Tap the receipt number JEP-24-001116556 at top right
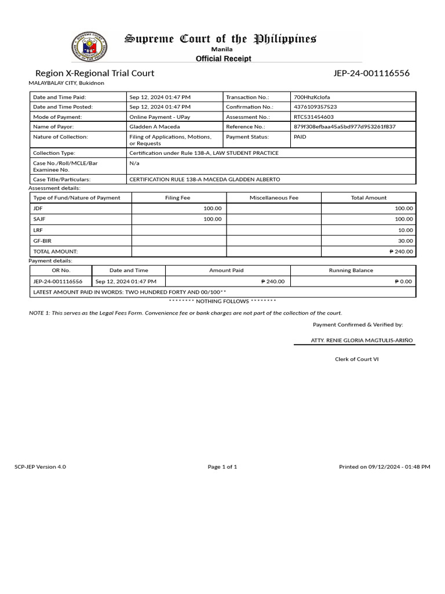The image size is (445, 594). tap(371, 73)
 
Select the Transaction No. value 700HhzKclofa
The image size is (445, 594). tap(312, 97)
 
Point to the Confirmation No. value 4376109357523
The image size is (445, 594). tap(315, 107)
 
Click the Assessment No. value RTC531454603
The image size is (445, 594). tap(313, 117)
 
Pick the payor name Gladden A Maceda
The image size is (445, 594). tap(154, 126)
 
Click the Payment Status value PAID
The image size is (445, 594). tap(300, 137)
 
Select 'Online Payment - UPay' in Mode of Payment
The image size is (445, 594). tap(159, 117)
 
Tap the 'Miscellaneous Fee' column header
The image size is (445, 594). tap(273, 198)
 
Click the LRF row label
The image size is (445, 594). tap(38, 230)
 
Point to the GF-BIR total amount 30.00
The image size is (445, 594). tap(405, 241)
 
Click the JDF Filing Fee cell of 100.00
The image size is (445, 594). tap(212, 208)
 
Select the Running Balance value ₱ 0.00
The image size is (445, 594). tap(404, 281)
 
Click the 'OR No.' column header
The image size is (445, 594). tap(61, 270)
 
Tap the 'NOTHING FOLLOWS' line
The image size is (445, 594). tap(222, 302)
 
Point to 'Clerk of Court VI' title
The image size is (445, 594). tap(356, 360)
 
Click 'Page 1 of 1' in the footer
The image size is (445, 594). tap(222, 467)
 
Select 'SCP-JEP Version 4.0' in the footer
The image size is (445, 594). tap(40, 467)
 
